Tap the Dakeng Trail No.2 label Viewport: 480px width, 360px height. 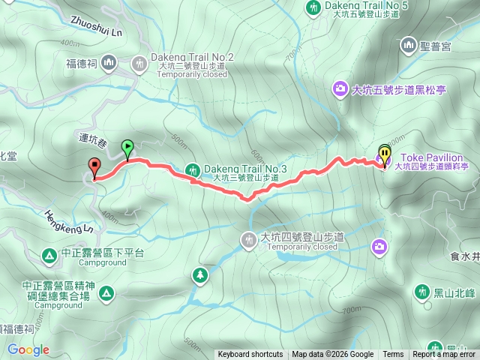tap(192, 57)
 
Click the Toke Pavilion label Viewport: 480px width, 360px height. tap(429, 157)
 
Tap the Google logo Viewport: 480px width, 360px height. tap(28, 349)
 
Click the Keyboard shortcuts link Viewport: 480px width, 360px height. tap(250, 355)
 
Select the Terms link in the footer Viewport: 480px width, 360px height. tap(393, 355)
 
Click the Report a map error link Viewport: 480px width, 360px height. tap(445, 355)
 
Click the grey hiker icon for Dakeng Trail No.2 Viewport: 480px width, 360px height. tap(139, 64)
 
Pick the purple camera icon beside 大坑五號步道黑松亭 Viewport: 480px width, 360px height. tap(340, 90)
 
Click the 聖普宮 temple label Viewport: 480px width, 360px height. tap(442, 46)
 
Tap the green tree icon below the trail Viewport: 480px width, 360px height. tap(199, 275)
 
